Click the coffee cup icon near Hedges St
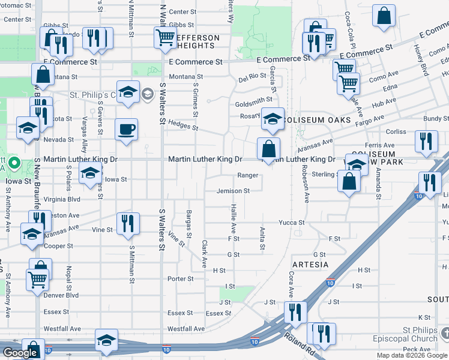pyautogui.click(x=126, y=130)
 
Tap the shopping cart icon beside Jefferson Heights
pyautogui.click(x=164, y=37)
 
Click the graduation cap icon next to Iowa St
pyautogui.click(x=90, y=174)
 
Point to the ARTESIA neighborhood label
pyautogui.click(x=310, y=265)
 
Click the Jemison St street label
pyautogui.click(x=234, y=191)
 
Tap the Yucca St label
pyautogui.click(x=292, y=223)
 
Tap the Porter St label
pyautogui.click(x=181, y=278)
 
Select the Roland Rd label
pyautogui.click(x=300, y=345)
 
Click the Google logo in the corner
pyautogui.click(x=20, y=352)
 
